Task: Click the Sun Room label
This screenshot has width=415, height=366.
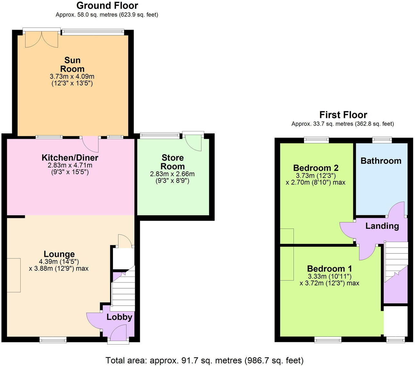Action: pos(72,65)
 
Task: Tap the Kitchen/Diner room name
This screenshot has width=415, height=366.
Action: pos(70,158)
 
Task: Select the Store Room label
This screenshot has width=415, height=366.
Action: pos(172,162)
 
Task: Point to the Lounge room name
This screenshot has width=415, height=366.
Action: pos(59,254)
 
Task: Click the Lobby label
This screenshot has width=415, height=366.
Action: pos(119,317)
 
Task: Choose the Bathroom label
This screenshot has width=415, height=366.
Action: pos(381,161)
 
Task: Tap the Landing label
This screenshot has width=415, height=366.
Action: pos(382,226)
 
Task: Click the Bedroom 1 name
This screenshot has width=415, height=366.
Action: pos(329,269)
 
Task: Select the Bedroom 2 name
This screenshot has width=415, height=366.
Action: pos(316,168)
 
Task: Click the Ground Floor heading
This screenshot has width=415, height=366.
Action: pos(107,5)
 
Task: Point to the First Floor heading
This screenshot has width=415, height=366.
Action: pos(343,115)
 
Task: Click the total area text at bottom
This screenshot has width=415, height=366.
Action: pos(204,360)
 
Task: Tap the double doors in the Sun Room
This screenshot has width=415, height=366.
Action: pos(42,40)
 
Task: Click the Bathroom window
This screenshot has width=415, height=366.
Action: pos(382,140)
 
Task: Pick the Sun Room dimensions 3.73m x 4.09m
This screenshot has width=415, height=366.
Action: pos(72,76)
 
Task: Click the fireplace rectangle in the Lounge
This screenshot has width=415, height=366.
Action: pos(14,275)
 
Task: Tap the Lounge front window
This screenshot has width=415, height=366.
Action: pos(53,339)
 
